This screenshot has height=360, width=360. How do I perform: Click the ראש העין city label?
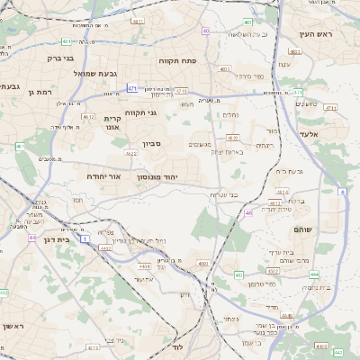pos(316,33)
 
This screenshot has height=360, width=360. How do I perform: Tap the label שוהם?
pos(301,229)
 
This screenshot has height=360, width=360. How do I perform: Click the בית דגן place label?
pos(56,239)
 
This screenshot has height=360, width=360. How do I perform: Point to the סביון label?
pos(150,143)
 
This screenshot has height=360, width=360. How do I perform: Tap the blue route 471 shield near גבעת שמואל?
pos(132,88)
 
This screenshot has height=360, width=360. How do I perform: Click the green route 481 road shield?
pos(247,22)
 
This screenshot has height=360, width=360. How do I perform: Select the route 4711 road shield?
pos(330,108)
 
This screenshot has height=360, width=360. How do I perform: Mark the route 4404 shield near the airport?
pos(145,265)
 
